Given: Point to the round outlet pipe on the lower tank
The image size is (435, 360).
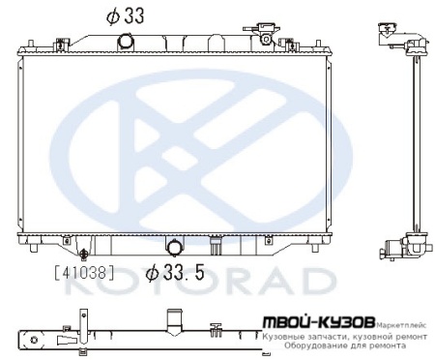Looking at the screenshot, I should coord(175,248).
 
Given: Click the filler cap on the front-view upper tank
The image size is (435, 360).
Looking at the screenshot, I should coord(264,34).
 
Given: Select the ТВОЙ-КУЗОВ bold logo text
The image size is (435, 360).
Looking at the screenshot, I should coord(314,320).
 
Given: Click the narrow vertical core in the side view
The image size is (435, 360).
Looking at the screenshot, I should coord(413,145).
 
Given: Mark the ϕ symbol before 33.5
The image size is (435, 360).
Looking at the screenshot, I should coord(153,273).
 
